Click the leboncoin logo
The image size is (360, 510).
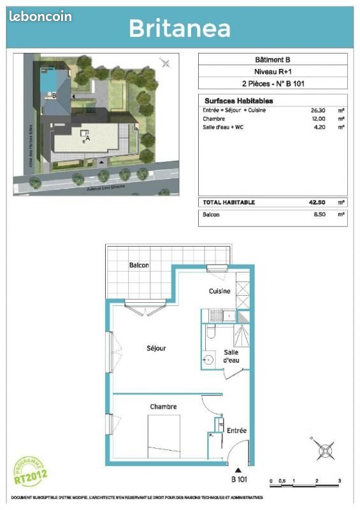[41, 17]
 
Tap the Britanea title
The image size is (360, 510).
[180, 27]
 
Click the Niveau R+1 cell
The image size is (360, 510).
[273, 71]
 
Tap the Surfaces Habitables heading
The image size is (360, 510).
[238, 101]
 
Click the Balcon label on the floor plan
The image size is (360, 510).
[140, 265]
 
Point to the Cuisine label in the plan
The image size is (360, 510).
[219, 291]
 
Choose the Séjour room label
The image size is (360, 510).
[156, 348]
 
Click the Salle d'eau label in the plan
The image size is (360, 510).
[231, 357]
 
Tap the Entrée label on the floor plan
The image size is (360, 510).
[236, 431]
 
